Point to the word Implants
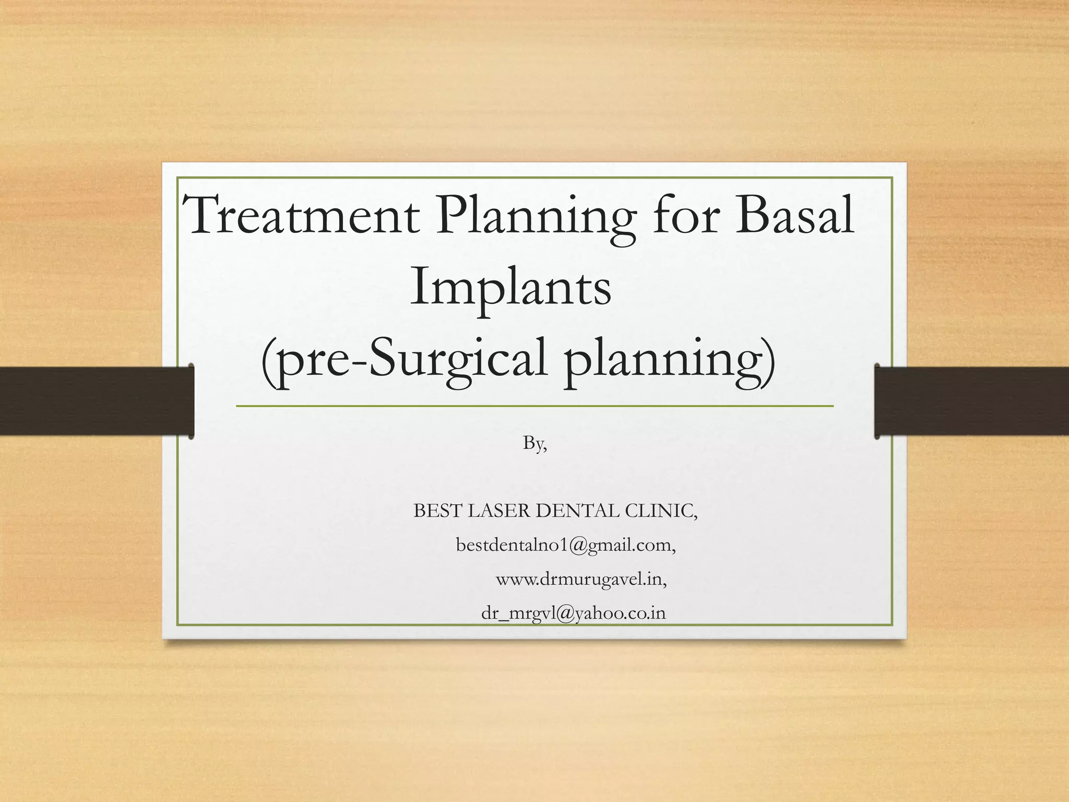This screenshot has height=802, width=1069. pos(510,289)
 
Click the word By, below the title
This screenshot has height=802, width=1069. pos(535,444)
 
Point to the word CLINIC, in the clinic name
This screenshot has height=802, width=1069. pos(661,511)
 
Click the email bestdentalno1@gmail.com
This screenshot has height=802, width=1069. pos(566,546)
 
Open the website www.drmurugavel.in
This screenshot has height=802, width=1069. pos(581,580)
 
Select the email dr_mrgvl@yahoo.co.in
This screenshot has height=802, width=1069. pos(573,614)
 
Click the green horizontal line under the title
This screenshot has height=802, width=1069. pos(534,406)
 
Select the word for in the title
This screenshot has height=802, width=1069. pos(685,216)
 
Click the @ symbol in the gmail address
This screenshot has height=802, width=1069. pos(578,546)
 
